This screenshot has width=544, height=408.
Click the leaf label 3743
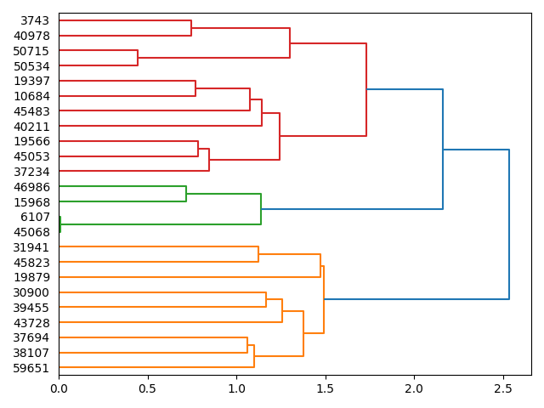pyautogui.click(x=35, y=20)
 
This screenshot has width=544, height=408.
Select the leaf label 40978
pyautogui.click(x=31, y=36)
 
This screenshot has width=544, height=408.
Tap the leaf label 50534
pyautogui.click(x=31, y=65)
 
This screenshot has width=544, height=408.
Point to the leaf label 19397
pyautogui.click(x=31, y=81)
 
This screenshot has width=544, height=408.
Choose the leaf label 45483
pyautogui.click(x=31, y=111)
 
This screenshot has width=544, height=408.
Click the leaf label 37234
pyautogui.click(x=31, y=172)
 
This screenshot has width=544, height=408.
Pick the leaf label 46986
pyautogui.click(x=31, y=187)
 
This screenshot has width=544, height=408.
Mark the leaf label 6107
pyautogui.click(x=35, y=217)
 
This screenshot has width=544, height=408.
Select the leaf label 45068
pyautogui.click(x=31, y=232)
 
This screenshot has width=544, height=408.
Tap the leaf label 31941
pyautogui.click(x=31, y=247)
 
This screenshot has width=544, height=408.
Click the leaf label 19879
pyautogui.click(x=31, y=277)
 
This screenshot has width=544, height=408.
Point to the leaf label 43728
pyautogui.click(x=31, y=323)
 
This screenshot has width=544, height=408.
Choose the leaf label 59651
pyautogui.click(x=31, y=368)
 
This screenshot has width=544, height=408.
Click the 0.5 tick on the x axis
pyautogui.click(x=148, y=388)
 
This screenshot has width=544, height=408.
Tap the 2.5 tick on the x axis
pyautogui.click(x=503, y=388)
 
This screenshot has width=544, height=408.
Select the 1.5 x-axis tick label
pyautogui.click(x=326, y=388)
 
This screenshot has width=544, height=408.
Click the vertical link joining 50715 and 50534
pyautogui.click(x=138, y=58)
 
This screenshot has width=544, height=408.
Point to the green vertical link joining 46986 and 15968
pyautogui.click(x=186, y=195)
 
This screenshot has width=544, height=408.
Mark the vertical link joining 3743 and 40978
pyautogui.click(x=191, y=28)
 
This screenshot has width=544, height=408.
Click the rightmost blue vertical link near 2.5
pyautogui.click(x=509, y=224)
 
